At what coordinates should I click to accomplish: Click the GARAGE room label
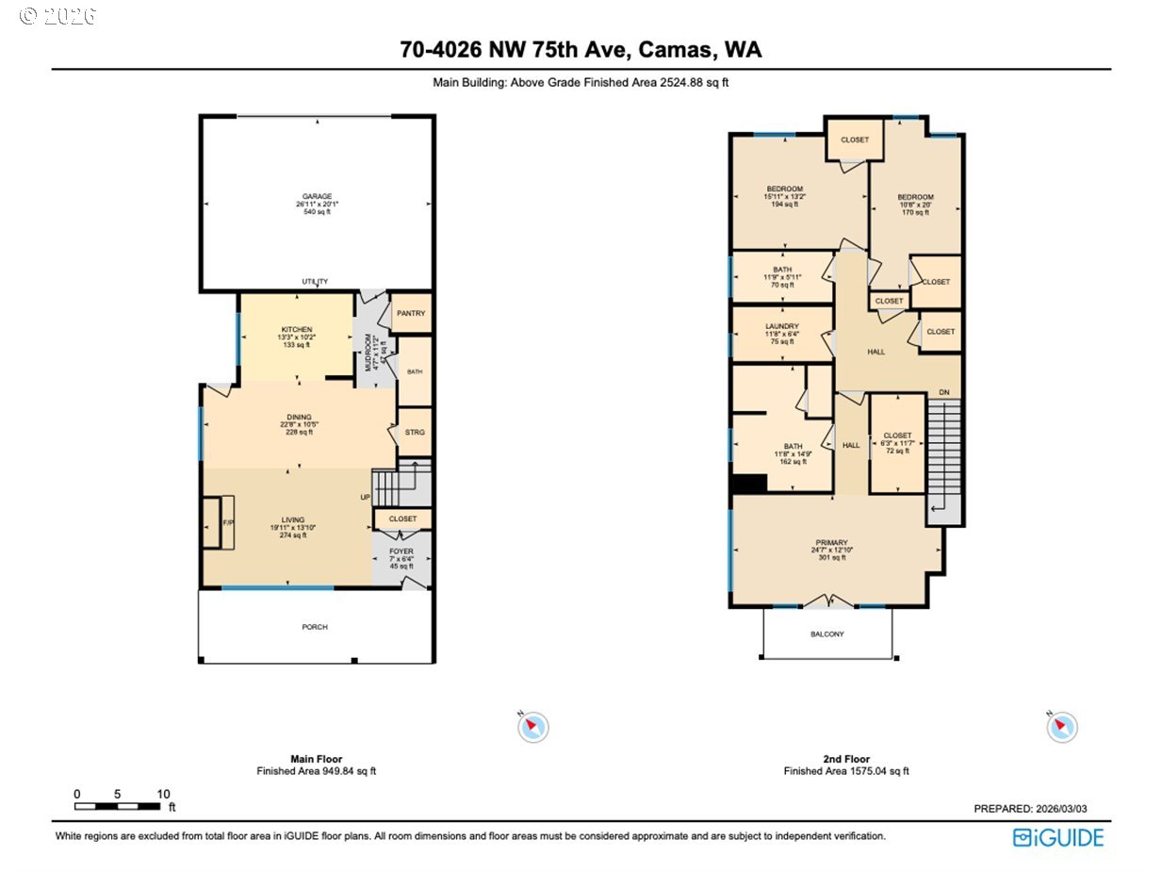coord(317,197)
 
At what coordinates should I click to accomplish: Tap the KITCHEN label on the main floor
coord(296,329)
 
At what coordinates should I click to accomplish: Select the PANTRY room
coord(411,314)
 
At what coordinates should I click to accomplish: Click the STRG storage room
coord(415,433)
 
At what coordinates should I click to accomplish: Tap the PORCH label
coord(315,627)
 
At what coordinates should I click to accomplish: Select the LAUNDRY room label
coord(782,326)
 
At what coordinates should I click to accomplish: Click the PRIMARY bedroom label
coord(830,542)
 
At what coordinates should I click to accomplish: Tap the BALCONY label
coord(827,634)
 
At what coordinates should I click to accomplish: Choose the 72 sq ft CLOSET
coord(897,436)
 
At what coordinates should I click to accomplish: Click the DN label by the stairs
coord(943,392)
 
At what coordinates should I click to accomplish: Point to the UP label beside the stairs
coord(365,498)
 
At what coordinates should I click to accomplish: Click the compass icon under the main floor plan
coord(532,727)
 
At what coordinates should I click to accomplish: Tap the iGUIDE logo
coord(1057,837)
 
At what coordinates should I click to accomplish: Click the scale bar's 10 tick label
coord(163,794)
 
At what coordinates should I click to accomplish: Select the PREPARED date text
coord(1036,809)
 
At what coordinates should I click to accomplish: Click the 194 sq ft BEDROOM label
coord(784,189)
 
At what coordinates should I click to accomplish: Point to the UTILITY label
coord(315,282)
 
